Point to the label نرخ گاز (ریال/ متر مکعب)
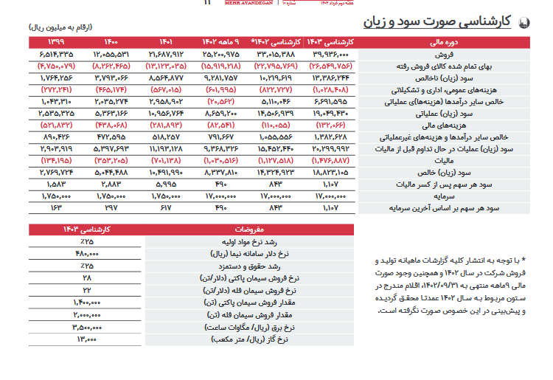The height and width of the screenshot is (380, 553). [243, 339]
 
